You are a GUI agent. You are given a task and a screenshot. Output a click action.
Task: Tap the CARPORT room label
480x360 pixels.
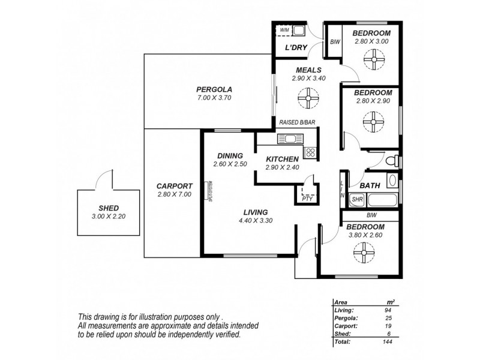pos(174,185)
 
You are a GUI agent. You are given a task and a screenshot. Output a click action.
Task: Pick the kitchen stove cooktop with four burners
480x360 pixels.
pos(310,151)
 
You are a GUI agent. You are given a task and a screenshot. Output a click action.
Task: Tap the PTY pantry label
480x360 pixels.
pos(306,197)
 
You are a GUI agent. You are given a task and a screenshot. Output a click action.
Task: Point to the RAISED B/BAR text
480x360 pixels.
pos(298,123)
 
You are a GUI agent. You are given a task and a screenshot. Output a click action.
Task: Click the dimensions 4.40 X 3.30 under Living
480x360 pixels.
pos(256,221)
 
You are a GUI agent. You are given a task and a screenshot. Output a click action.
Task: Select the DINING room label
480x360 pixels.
pos(230,154)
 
